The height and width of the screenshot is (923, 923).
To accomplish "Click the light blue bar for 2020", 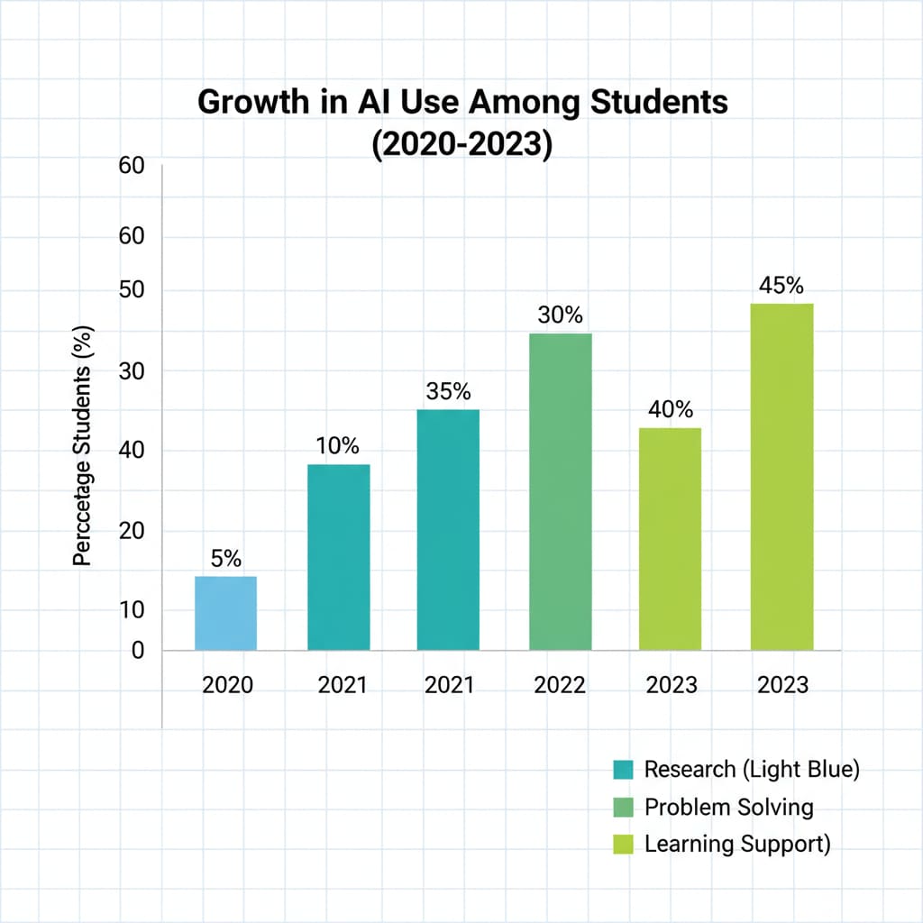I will click(225, 613).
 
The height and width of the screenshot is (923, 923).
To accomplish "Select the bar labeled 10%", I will click(338, 557).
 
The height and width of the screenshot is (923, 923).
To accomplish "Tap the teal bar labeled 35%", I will click(448, 530).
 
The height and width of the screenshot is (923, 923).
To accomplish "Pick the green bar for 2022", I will click(560, 491).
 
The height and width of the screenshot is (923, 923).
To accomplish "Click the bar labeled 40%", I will click(670, 538).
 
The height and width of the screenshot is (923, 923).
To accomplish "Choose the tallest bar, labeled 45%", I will click(781, 477).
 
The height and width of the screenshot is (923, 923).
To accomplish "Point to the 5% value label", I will click(225, 558).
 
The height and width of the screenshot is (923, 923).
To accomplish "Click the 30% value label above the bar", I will click(560, 315).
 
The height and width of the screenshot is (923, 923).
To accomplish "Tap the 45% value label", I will click(781, 286).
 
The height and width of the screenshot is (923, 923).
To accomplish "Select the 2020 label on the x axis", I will click(227, 685).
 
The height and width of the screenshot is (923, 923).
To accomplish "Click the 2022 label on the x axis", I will click(559, 685).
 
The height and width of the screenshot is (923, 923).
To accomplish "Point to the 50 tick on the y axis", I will click(132, 291).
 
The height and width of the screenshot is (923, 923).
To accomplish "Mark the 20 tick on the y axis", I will click(132, 531).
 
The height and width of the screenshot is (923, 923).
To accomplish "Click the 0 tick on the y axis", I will click(138, 650).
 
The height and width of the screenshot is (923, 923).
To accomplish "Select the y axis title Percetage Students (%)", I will click(83, 445).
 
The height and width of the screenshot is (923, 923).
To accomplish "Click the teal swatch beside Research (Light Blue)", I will click(623, 770).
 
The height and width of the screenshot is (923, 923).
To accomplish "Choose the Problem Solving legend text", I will click(728, 807).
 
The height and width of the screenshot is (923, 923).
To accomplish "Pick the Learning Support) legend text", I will click(736, 845).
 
